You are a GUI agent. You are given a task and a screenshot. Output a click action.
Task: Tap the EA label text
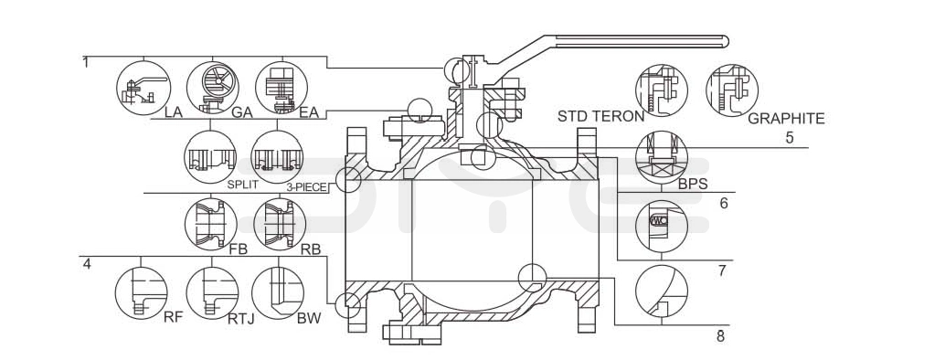(309, 112)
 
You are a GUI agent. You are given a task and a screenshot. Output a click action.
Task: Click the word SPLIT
(242, 185)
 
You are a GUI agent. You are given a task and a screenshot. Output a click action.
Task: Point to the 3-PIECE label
(306, 187)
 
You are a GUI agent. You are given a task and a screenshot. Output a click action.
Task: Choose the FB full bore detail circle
(210, 224)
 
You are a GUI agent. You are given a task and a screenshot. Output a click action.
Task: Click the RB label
(311, 249)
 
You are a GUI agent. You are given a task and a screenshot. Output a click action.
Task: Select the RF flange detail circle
(141, 293)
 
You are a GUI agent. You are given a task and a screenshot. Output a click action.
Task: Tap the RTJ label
(241, 318)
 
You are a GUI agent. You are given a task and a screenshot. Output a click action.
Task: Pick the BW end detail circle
(277, 293)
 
